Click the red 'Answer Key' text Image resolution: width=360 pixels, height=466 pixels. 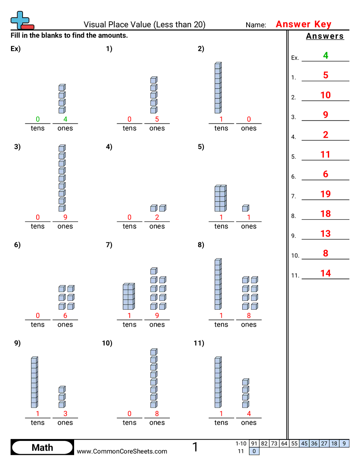pos(303,24)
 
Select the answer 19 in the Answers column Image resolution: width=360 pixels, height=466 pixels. pos(326,194)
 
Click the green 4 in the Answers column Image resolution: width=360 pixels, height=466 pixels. pos(326,56)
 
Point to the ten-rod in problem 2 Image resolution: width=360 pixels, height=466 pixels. pos(217,88)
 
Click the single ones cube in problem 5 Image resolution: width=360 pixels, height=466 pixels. pos(245,208)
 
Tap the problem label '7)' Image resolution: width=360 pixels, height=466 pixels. pos(109,245)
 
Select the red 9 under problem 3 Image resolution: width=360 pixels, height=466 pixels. pos(65,217)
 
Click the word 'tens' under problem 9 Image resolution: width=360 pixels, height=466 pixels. pos(37,422)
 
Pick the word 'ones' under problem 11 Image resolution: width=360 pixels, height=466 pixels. pos(248,422)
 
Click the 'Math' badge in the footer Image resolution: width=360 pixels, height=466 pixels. pos(42,447)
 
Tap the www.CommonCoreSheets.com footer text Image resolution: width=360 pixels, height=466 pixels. pos(122,451)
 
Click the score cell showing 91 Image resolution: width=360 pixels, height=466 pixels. pos(254,443)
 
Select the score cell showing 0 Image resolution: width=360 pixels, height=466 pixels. pos(254,451)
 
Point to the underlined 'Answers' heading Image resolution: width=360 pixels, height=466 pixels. pos(325,36)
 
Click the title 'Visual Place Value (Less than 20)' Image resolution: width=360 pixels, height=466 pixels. pos(144,25)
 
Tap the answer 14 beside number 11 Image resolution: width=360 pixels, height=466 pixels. pos(326,273)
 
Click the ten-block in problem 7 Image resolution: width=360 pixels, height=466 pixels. pos(128,297)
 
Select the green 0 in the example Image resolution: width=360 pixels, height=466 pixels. pos(37,119)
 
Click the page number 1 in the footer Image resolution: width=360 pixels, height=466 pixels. pos(195,447)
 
